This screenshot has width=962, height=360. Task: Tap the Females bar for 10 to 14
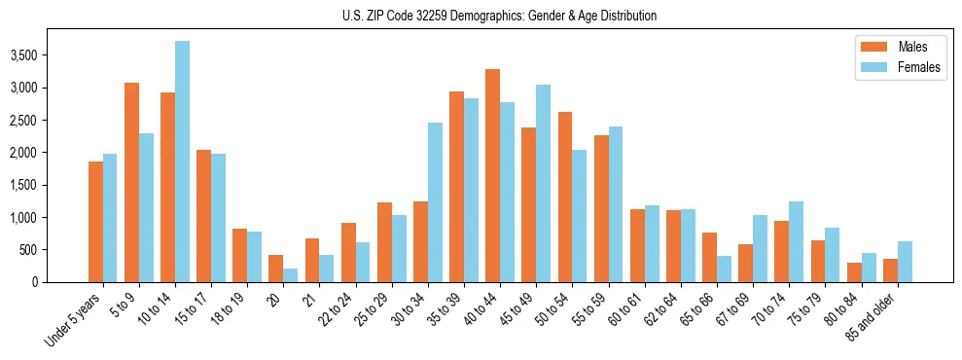(183, 162)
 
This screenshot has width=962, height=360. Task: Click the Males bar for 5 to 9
(131, 183)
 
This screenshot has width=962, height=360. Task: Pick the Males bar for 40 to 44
(492, 176)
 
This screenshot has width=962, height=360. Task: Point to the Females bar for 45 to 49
(543, 184)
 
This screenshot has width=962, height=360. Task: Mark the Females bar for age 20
(291, 275)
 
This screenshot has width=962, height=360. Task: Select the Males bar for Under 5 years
(95, 222)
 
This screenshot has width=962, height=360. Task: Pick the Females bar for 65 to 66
(724, 270)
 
